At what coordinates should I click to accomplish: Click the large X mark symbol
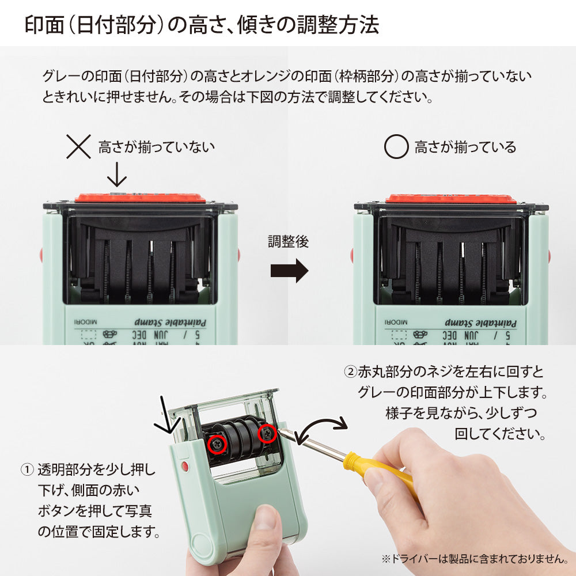79,146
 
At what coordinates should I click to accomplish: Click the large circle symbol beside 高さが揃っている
396,147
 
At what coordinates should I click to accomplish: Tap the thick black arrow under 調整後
289,271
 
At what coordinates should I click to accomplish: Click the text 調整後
288,241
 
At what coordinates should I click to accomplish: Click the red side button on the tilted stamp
184,465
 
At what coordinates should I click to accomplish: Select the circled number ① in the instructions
27,469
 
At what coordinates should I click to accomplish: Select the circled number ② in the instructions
350,371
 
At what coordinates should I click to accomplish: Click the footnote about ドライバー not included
473,558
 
